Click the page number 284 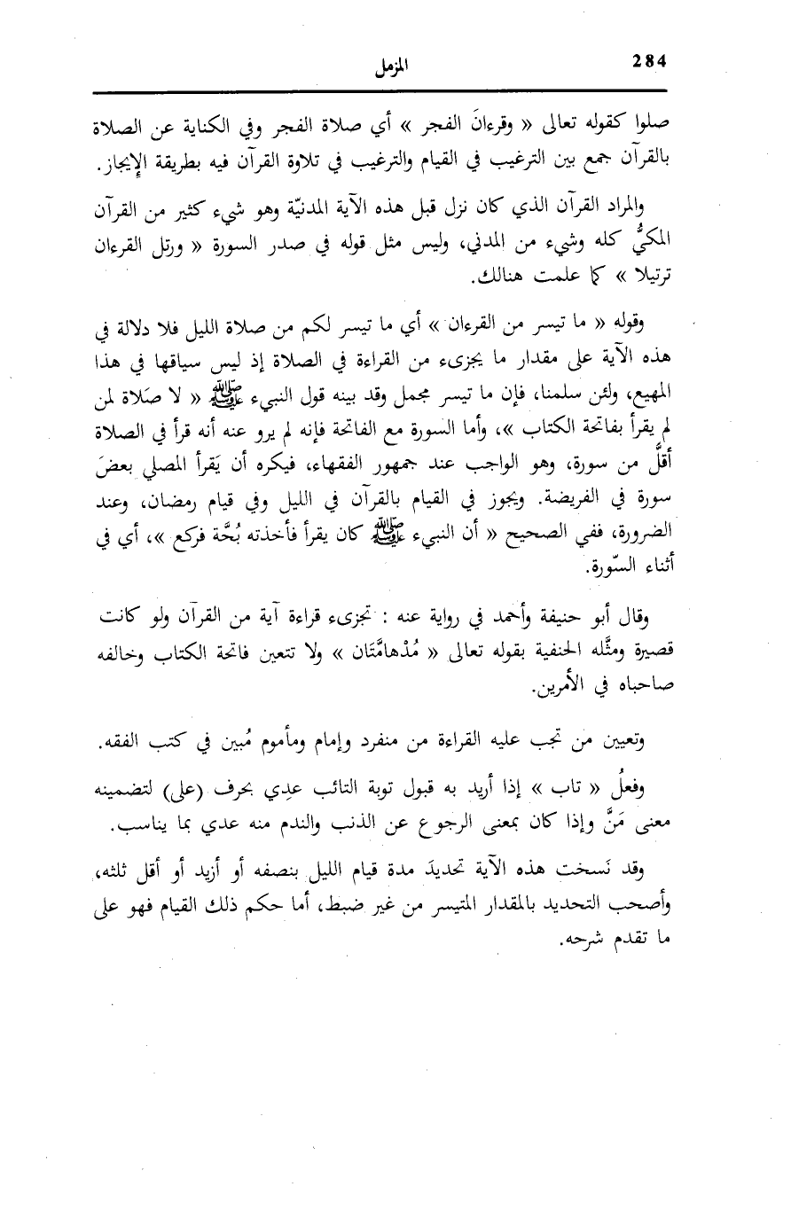pos(651,61)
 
